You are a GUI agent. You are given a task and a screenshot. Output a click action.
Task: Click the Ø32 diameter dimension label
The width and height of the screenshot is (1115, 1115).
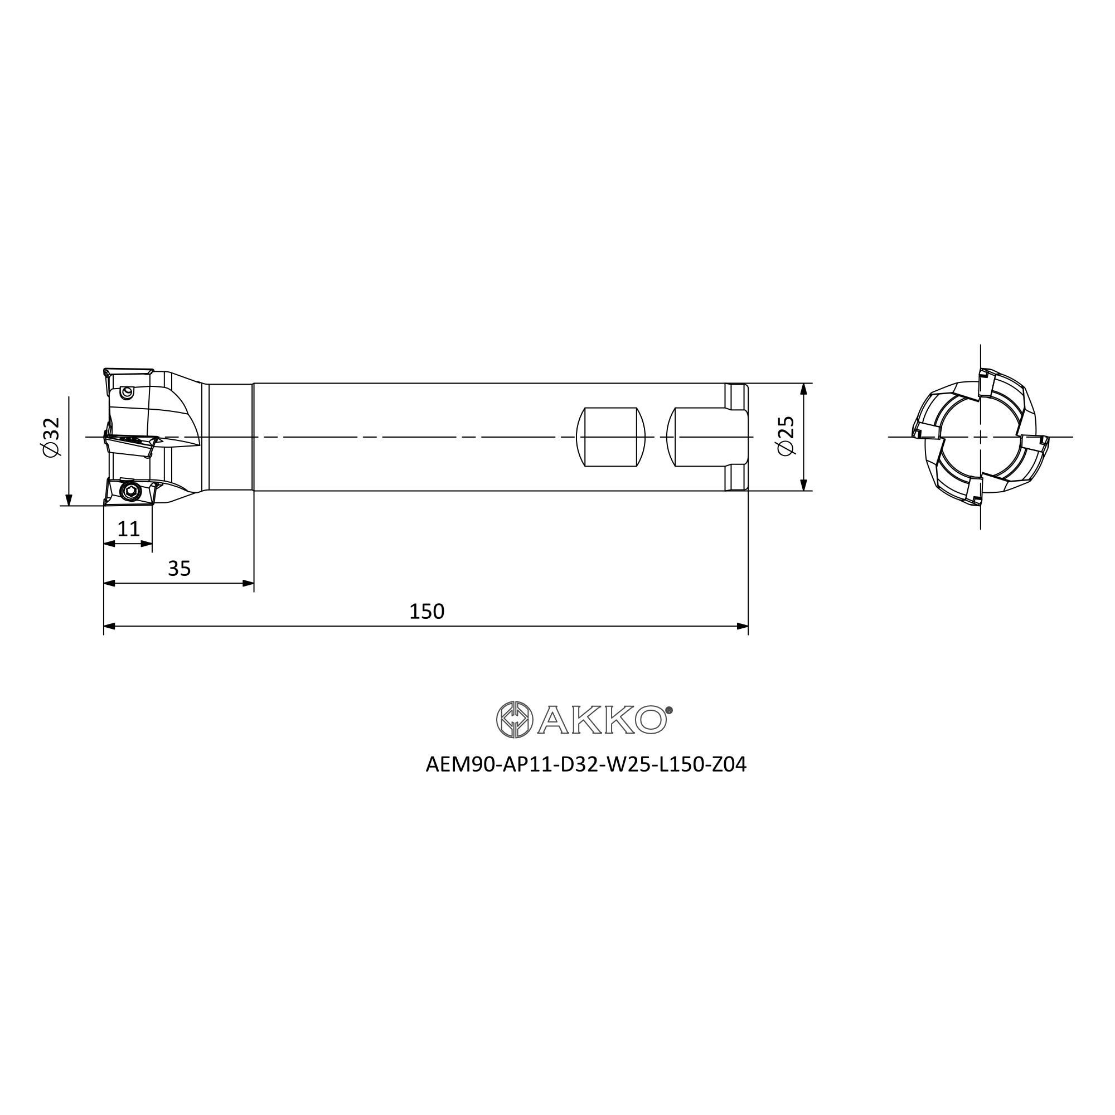(51, 437)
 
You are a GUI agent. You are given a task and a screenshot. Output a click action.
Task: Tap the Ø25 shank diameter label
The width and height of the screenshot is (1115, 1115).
(786, 436)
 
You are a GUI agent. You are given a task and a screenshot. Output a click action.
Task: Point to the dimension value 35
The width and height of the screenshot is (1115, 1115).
(179, 569)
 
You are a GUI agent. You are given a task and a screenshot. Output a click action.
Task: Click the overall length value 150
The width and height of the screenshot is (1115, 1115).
(426, 611)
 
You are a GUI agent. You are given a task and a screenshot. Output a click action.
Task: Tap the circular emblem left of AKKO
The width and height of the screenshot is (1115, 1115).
(514, 720)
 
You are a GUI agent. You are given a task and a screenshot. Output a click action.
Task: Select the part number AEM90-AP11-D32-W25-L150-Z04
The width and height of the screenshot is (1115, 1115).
(586, 765)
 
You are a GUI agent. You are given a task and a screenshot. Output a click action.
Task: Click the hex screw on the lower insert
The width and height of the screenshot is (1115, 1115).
(130, 491)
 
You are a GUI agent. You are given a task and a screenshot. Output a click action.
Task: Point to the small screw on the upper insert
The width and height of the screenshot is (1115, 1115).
(128, 393)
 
